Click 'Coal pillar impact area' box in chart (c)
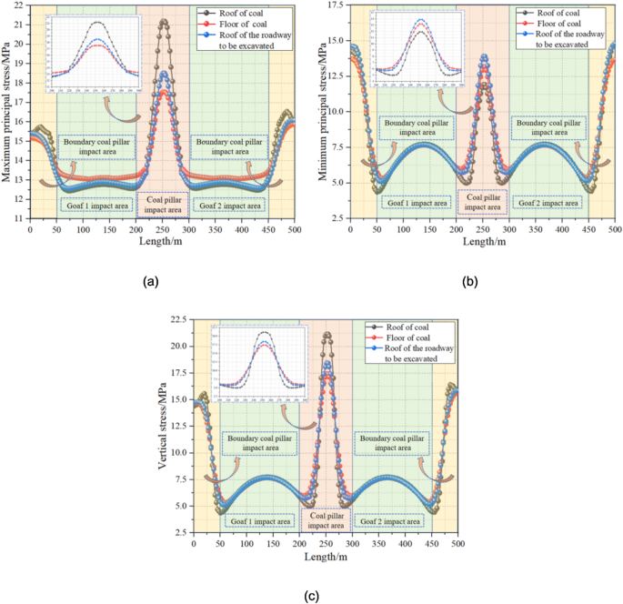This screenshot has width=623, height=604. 327,520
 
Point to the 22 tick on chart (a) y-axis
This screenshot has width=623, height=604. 20,5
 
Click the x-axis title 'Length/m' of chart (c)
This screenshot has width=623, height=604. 326,558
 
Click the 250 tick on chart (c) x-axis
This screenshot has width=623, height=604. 326,543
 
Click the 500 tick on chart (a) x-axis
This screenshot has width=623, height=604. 295,229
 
